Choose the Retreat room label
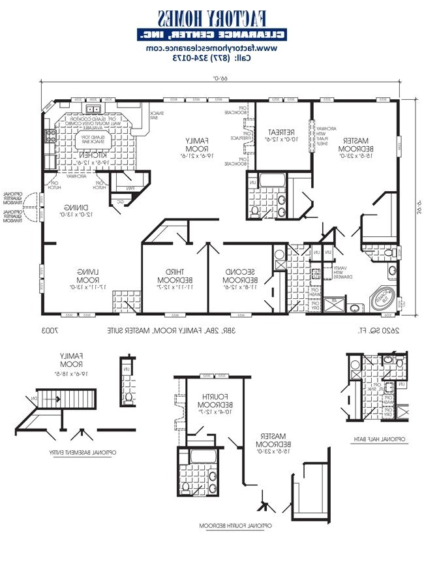pos(282,135)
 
